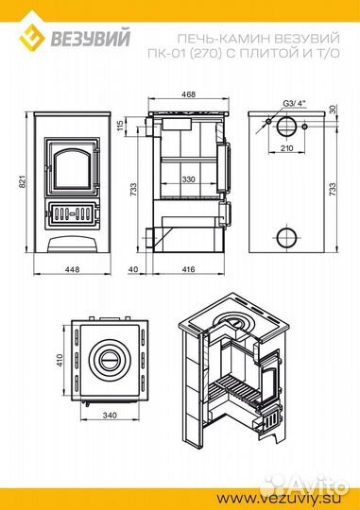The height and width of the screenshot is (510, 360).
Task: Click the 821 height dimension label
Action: tap(22, 181)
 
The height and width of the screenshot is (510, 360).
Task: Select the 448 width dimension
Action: tap(72, 269)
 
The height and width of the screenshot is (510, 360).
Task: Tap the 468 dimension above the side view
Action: tap(188, 94)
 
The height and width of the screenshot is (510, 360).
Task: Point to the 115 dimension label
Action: tap(120, 125)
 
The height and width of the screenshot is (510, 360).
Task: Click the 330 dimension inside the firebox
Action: tap(188, 179)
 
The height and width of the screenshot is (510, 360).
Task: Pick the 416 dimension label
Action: tap(188, 269)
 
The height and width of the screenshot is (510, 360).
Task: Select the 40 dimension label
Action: tap(133, 269)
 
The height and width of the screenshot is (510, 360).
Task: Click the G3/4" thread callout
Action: tap(295, 104)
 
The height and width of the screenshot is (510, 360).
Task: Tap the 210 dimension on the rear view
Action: tap(286, 148)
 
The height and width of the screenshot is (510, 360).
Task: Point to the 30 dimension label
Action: tap(333, 110)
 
